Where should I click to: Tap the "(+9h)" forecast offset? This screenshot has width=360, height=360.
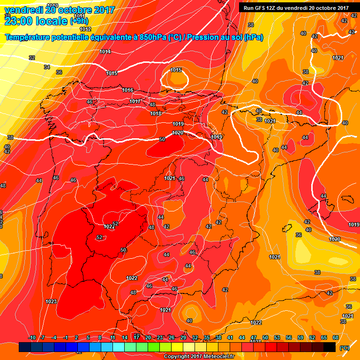tap(81, 21)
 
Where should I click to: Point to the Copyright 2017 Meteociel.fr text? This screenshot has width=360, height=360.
tap(199, 356)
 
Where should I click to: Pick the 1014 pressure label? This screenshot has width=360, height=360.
tap(105, 52)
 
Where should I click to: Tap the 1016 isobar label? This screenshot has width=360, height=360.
tap(127, 90)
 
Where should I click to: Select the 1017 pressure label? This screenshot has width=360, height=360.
tap(135, 102)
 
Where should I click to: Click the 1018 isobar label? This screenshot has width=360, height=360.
tap(156, 113)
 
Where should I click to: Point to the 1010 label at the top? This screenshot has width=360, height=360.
tap(53, 5)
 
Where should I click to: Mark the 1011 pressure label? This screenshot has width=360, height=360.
tap(79, 16)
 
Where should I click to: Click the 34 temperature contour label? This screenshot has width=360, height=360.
tap(47, 67)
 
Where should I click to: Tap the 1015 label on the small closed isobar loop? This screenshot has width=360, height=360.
tap(176, 70)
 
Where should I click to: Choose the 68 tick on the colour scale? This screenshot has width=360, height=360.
tap(336, 337)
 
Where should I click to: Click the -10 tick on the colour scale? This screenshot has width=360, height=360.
tap(32, 337)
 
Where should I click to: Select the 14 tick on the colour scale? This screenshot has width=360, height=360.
tap(125, 337)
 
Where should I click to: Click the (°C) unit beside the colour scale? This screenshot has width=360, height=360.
tap(345, 348)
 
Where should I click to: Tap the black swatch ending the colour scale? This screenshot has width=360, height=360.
tap(330, 347)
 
